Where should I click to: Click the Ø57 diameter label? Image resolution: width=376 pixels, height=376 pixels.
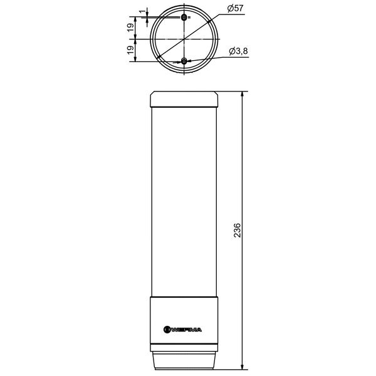(x=235, y=9)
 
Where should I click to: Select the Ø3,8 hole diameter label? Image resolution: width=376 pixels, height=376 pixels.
(x=238, y=51)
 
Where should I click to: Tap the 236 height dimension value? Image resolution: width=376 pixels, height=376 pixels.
(x=237, y=230)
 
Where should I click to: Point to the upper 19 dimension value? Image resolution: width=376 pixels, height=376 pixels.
(x=130, y=28)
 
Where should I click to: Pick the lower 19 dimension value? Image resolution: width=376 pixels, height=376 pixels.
(x=130, y=50)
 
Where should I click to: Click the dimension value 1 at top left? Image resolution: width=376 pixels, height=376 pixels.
(x=142, y=11)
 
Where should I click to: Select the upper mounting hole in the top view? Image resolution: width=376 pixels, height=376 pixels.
(x=184, y=17)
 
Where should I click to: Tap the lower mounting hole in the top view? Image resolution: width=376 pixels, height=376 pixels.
(x=184, y=61)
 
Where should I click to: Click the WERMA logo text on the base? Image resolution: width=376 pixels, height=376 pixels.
(x=187, y=330)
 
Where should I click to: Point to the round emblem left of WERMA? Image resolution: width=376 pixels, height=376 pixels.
(x=167, y=330)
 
